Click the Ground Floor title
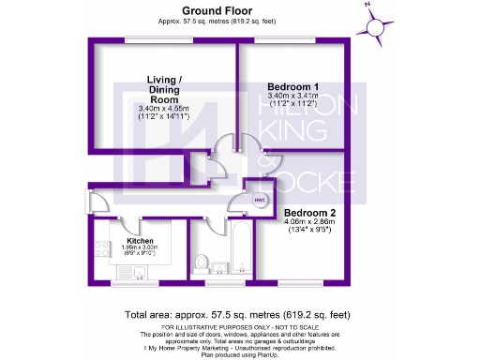[x=200, y=10]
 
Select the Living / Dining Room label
[x=163, y=88]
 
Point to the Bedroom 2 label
[x=308, y=214]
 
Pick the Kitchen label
[x=140, y=240]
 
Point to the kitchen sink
[x=139, y=273]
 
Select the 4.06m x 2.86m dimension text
[x=308, y=223]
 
